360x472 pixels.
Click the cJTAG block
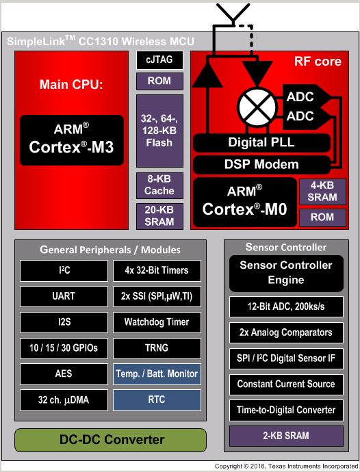point(159,60)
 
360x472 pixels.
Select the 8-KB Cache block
point(159,185)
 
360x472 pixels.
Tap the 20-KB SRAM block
point(159,216)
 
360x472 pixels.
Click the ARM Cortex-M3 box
point(72,140)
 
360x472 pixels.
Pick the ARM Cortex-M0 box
point(244,202)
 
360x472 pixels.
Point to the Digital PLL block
point(261,143)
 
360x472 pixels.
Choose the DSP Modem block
point(261,165)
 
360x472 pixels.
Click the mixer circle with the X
point(257,107)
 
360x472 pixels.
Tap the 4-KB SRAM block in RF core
point(322,192)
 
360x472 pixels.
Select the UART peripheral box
point(64,296)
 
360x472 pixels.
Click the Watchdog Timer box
point(157,322)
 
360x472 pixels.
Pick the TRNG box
point(157,348)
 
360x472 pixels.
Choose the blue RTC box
point(157,399)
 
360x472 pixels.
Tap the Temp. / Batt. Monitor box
point(157,374)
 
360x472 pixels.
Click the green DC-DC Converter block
point(111,440)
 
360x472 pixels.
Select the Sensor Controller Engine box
point(286,273)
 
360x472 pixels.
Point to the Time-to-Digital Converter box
point(286,410)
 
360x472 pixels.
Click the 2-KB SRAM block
point(286,436)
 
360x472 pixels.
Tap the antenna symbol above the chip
point(233,14)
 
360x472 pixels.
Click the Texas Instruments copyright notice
point(287,467)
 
